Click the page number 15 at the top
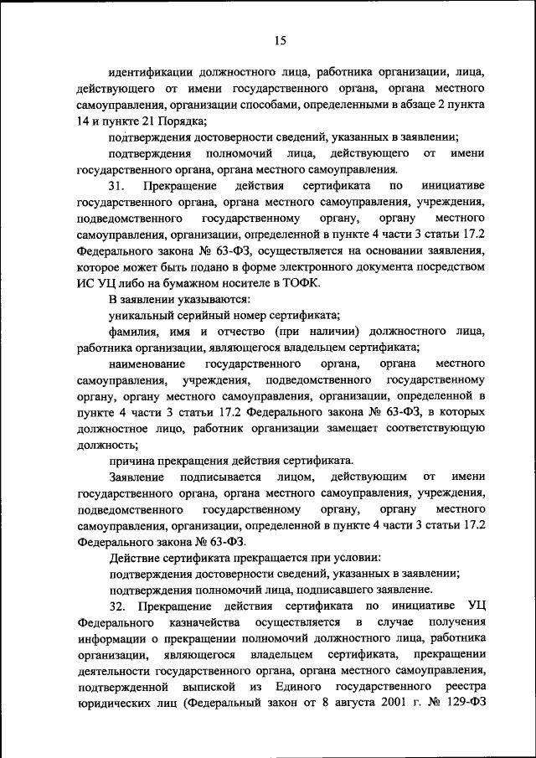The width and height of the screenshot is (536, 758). (x=280, y=39)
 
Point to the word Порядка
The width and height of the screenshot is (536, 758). (x=178, y=121)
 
